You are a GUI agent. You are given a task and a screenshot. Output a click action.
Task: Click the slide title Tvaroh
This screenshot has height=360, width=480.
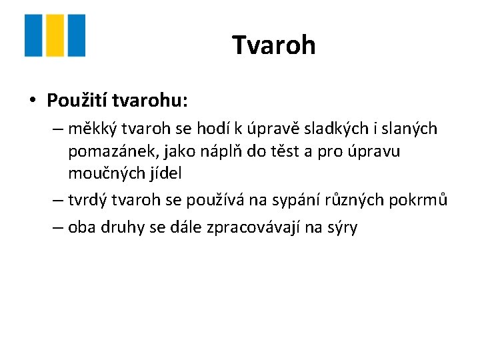(x=273, y=45)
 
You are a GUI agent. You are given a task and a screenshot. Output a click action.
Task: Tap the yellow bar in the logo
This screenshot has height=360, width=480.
(x=55, y=35)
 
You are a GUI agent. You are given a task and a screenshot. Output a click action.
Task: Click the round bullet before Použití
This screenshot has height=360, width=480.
(x=32, y=101)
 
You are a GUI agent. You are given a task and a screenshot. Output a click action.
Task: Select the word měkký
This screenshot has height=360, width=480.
(x=89, y=129)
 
